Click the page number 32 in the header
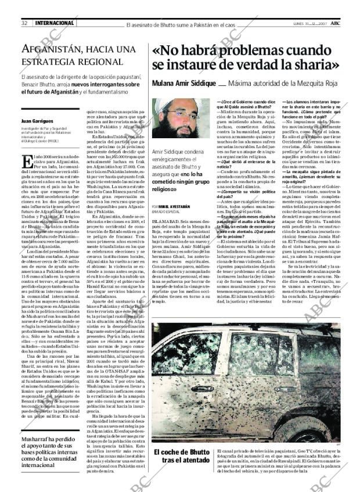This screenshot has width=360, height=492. [25, 23]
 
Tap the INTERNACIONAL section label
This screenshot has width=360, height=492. [55, 23]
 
